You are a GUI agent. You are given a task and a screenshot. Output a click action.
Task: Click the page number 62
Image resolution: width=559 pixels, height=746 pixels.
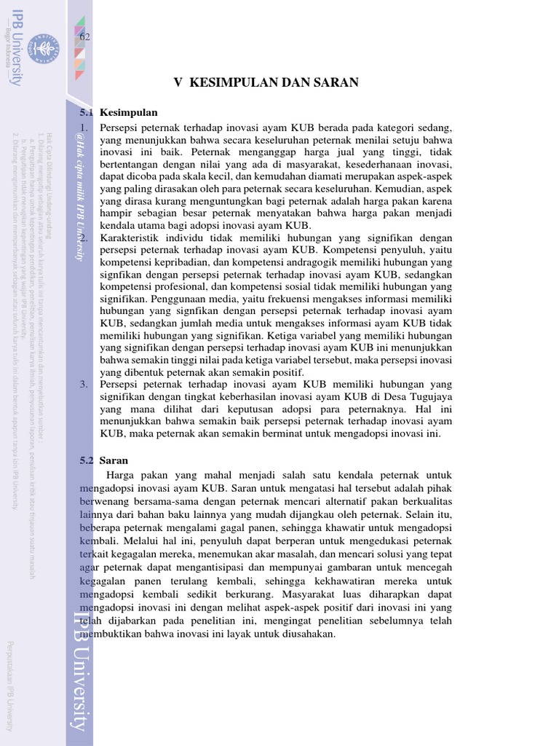pos(84,37)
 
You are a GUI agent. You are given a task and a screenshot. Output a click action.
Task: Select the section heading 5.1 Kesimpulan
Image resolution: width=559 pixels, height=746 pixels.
pos(118,113)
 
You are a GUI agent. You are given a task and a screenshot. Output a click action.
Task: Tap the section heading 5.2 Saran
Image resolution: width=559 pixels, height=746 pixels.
pos(103,460)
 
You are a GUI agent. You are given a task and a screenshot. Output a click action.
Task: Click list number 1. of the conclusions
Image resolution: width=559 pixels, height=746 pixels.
pos(84,127)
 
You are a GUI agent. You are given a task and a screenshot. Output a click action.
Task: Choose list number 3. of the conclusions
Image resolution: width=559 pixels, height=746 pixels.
pos(84,385)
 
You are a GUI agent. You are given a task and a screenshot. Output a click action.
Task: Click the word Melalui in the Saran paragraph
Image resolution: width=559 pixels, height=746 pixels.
pos(140,541)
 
